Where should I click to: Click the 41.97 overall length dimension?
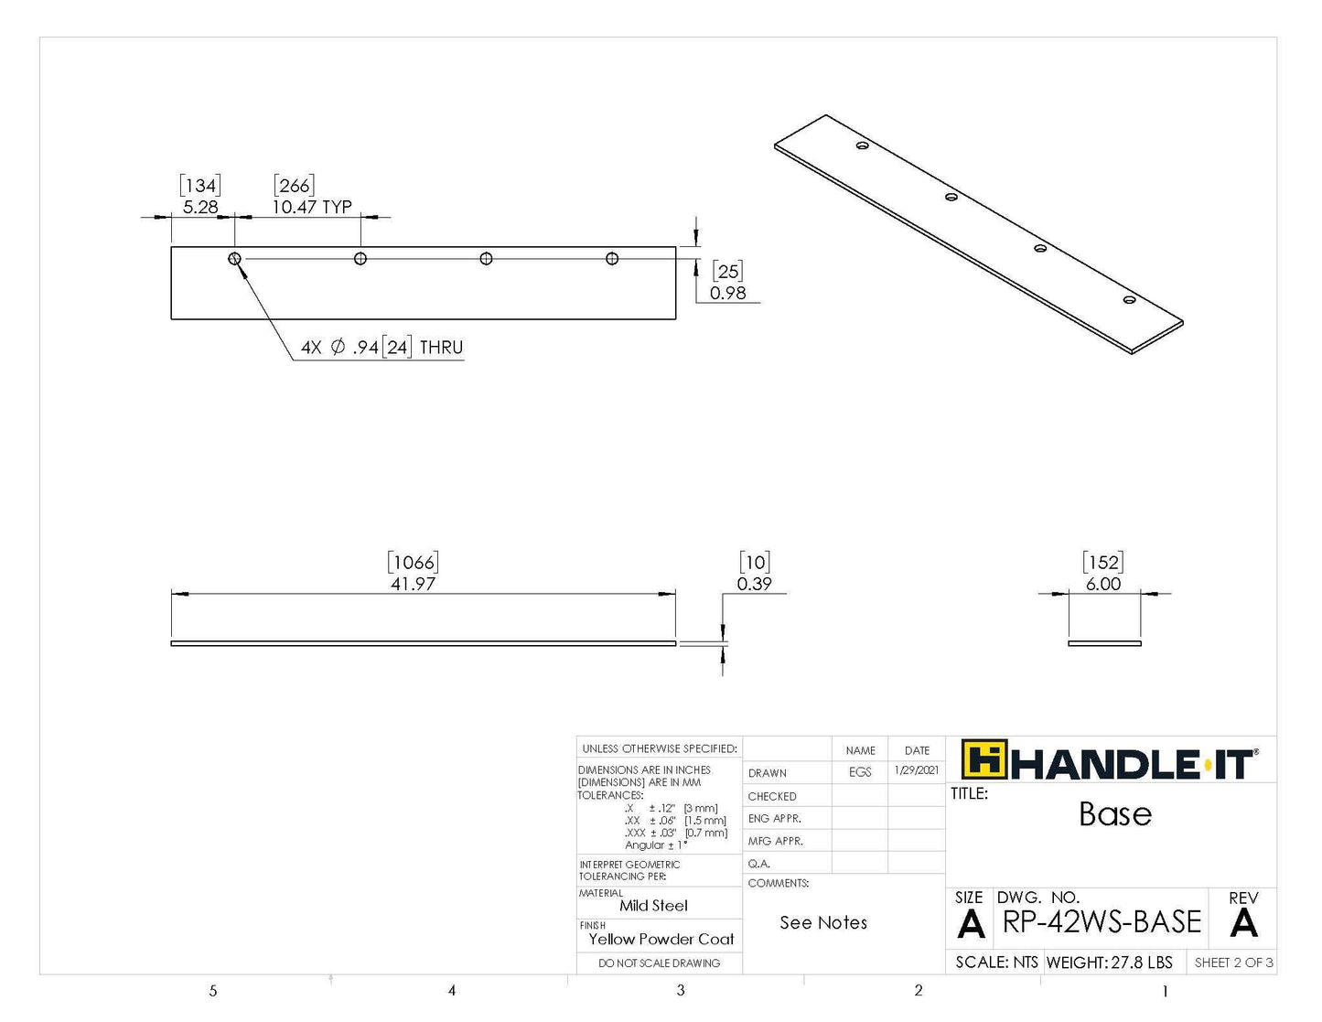(x=413, y=584)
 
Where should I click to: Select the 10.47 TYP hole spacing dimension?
(x=311, y=207)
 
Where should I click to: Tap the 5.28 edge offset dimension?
(x=200, y=207)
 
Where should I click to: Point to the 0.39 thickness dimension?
(x=755, y=584)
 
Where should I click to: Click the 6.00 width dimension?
(x=1103, y=584)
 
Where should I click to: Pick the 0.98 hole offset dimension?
(x=727, y=293)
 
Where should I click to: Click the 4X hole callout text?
(x=382, y=348)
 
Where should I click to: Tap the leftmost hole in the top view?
(x=234, y=259)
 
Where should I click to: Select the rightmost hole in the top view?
(x=612, y=259)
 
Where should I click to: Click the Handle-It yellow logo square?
(x=983, y=758)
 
